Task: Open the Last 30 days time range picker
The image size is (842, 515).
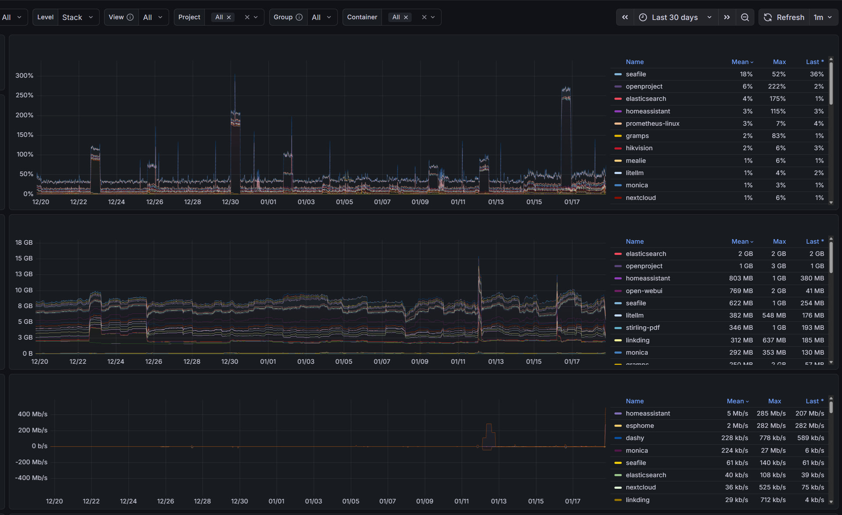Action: click(675, 17)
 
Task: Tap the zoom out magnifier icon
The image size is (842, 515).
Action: click(745, 17)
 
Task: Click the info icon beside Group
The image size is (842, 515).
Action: click(299, 17)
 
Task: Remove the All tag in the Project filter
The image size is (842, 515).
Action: click(228, 17)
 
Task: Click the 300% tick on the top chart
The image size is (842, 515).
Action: click(24, 75)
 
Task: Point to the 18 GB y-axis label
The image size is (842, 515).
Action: click(24, 242)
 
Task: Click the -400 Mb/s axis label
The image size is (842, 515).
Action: click(31, 477)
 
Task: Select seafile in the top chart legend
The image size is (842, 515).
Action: click(635, 74)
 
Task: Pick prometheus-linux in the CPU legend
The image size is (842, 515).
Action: click(652, 123)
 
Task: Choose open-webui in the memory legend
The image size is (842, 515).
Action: click(644, 291)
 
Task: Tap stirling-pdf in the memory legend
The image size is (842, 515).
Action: click(642, 328)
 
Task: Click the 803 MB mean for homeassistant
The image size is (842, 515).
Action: click(741, 278)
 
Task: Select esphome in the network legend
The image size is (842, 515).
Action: click(639, 426)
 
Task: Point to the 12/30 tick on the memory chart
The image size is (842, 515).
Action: click(229, 361)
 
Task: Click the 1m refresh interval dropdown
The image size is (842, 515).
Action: click(822, 17)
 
